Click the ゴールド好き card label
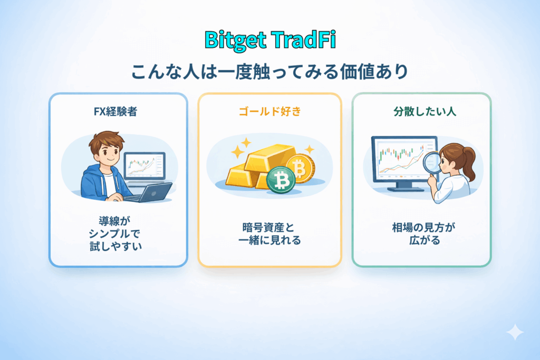click(269, 112)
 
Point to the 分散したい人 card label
click(421, 112)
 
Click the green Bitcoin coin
click(279, 180)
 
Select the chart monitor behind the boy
click(144, 164)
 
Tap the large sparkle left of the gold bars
click(237, 152)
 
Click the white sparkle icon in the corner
click(514, 333)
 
